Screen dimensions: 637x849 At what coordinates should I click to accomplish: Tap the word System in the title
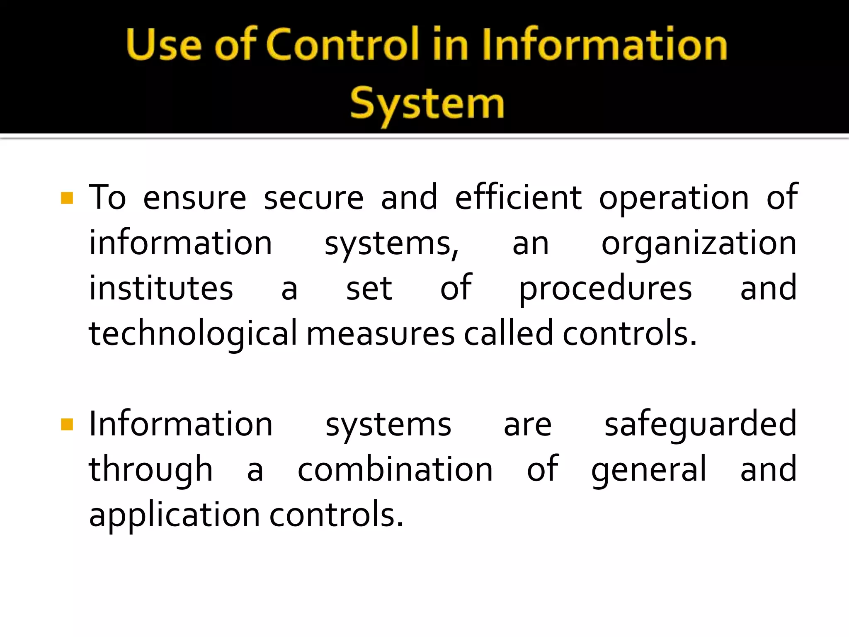click(427, 104)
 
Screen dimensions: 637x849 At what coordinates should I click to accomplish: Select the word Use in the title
click(164, 45)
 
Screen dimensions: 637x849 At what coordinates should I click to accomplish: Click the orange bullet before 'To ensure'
click(67, 198)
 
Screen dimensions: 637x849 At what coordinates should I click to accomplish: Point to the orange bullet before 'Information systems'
click(67, 424)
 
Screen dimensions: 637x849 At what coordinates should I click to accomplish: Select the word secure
click(314, 198)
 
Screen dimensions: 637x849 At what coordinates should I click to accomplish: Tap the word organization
click(699, 244)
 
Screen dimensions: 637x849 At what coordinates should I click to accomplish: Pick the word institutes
click(161, 288)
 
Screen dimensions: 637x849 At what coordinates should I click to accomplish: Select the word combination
click(395, 469)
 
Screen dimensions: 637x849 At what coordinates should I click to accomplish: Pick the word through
click(151, 470)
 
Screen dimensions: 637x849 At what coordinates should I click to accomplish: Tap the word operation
click(674, 198)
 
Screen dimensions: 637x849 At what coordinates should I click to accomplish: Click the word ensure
click(194, 198)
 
